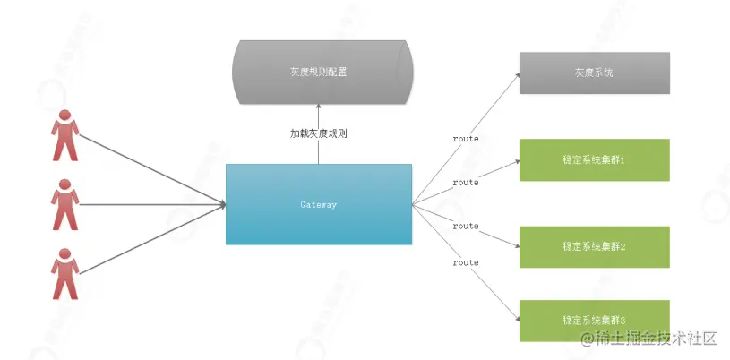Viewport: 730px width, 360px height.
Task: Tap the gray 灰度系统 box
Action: coord(594,73)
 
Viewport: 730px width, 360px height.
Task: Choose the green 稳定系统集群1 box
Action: coord(594,159)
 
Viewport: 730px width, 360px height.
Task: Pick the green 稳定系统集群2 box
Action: coord(594,246)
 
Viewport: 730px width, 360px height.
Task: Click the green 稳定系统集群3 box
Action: coord(594,320)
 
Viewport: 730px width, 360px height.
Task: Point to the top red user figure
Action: coord(64,134)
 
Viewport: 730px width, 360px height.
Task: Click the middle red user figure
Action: coord(64,204)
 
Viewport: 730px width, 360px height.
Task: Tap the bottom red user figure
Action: coord(64,273)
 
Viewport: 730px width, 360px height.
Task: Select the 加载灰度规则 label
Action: coord(318,133)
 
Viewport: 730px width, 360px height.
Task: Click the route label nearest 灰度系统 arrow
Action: coord(466,139)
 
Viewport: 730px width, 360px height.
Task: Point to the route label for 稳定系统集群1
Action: coord(466,182)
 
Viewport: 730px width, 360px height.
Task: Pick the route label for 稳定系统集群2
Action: coord(466,226)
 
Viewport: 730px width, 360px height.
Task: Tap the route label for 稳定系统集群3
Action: coord(466,262)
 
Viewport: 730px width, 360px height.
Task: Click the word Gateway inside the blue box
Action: coord(318,205)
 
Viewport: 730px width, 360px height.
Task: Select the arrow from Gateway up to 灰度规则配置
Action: coord(319,148)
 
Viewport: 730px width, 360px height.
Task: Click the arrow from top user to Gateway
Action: coord(152,170)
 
